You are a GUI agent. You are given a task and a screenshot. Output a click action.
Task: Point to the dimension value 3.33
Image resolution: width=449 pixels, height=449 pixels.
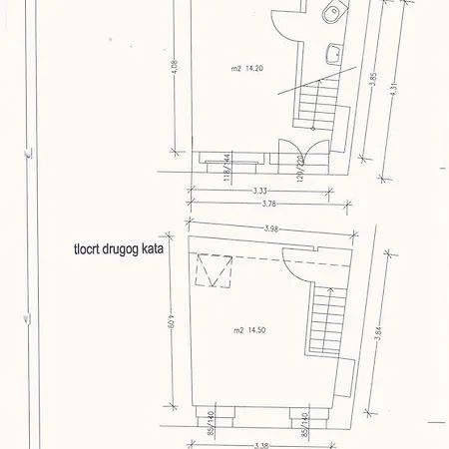click(x=261, y=190)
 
